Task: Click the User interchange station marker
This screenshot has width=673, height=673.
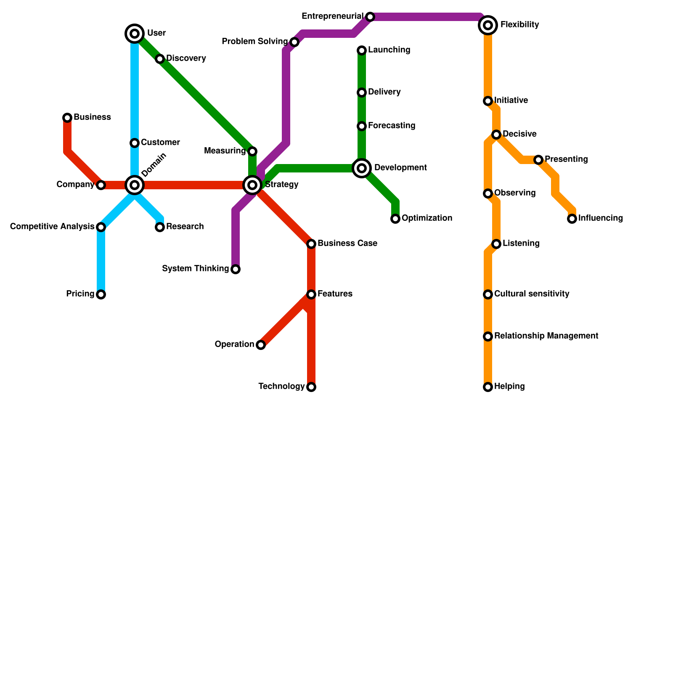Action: click(135, 34)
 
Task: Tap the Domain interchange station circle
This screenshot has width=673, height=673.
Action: click(135, 185)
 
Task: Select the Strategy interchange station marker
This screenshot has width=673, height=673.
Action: click(252, 185)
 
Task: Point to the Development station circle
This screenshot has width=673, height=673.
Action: click(362, 168)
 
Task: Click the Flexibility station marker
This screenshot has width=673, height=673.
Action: click(488, 25)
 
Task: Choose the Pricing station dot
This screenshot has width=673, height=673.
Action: click(101, 294)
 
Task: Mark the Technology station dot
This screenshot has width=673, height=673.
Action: click(311, 387)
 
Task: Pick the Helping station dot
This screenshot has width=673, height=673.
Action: click(488, 387)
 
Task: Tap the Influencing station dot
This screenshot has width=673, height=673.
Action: click(572, 219)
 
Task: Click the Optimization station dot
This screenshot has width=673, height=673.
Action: click(395, 219)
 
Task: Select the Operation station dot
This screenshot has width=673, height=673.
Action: click(261, 345)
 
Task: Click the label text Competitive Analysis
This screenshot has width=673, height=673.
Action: click(52, 227)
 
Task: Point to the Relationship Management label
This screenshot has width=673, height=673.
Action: click(546, 336)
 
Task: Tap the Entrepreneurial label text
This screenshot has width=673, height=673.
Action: click(332, 16)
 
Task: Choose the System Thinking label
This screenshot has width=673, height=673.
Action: click(195, 269)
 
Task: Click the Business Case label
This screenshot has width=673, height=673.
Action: click(347, 244)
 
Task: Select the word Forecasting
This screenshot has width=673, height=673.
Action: click(391, 126)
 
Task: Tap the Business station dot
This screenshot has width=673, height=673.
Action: click(67, 118)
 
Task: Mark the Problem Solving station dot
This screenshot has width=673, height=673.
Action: click(294, 42)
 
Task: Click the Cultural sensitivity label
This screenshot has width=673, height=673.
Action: click(532, 294)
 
